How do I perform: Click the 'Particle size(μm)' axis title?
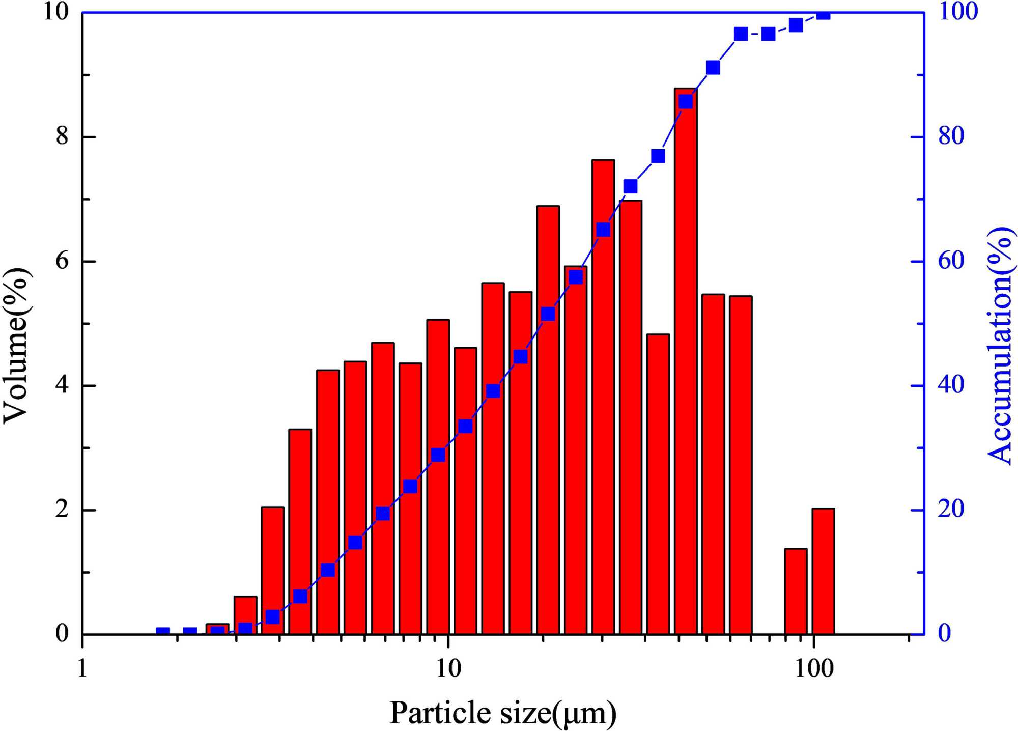503,713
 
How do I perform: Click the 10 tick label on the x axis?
448,668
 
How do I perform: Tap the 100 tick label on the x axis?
814,668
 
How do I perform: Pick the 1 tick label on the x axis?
82,668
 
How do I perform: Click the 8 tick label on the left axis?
62,136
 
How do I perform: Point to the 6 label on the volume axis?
62,261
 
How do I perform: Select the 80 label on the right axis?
951,136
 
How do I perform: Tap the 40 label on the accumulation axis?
951,385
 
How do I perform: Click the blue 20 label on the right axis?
951,509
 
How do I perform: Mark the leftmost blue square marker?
162,633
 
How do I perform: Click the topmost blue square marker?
823,14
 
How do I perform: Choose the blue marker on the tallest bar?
686,101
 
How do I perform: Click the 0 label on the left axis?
62,634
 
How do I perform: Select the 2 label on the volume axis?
62,510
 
